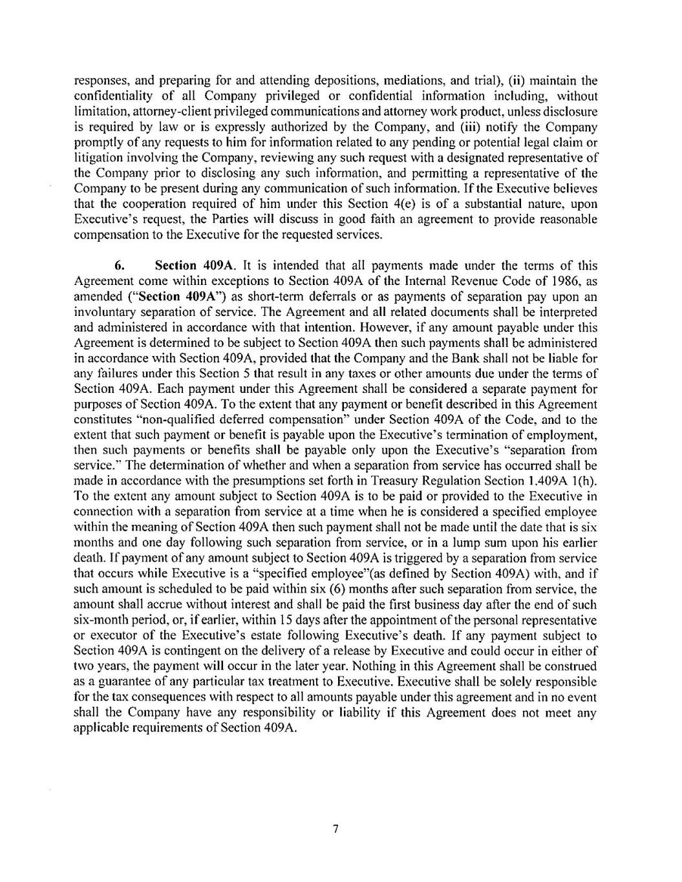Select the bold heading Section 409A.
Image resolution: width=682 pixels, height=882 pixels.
click(x=187, y=266)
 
